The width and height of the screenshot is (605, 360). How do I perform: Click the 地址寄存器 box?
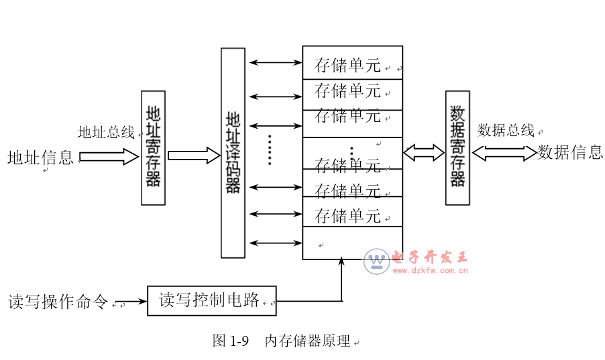click(153, 147)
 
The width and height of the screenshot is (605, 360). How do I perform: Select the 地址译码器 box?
click(233, 153)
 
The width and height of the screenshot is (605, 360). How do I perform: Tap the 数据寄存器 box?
click(457, 147)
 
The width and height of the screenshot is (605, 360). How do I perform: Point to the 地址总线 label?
click(106, 132)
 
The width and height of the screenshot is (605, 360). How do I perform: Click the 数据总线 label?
click(506, 130)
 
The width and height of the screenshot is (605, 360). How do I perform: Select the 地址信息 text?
click(40, 158)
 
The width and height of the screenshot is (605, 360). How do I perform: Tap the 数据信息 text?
click(570, 152)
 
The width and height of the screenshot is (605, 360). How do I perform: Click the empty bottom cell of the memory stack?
click(352, 243)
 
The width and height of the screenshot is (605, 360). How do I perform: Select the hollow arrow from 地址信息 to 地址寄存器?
click(107, 158)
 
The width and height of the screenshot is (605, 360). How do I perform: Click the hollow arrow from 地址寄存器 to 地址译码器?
click(193, 156)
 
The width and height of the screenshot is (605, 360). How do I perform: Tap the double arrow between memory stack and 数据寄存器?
click(424, 153)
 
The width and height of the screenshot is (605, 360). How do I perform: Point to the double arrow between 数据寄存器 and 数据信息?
click(504, 153)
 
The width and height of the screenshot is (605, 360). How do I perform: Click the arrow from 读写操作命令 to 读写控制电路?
click(130, 302)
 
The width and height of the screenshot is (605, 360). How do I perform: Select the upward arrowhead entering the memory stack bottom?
click(341, 261)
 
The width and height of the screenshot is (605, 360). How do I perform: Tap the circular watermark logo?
click(376, 261)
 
